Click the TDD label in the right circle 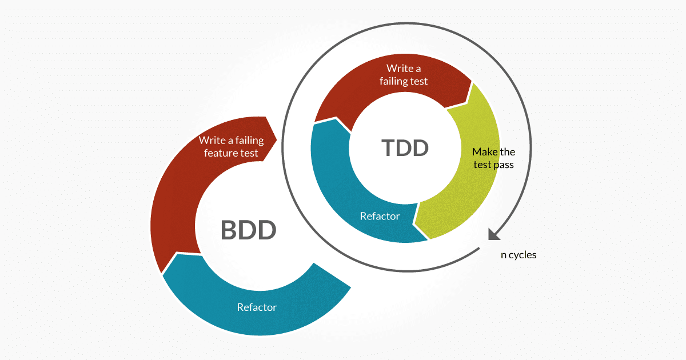click(x=405, y=148)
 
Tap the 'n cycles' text click(x=519, y=255)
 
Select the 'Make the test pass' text click(x=493, y=158)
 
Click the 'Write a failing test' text click(x=404, y=75)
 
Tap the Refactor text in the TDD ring click(x=380, y=217)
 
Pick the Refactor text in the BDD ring click(x=257, y=307)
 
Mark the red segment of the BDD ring click(x=171, y=211)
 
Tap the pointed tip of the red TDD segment click(x=472, y=83)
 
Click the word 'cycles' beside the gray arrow click(x=523, y=255)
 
